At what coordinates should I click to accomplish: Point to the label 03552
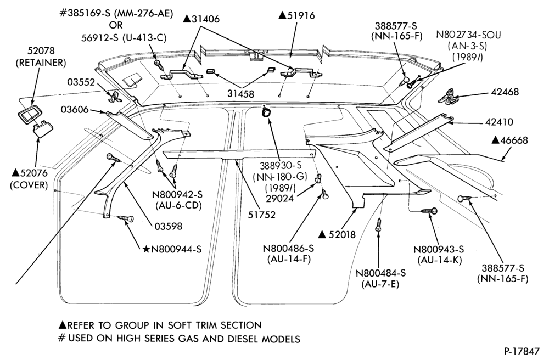(81, 82)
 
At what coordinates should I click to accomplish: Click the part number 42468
(505, 92)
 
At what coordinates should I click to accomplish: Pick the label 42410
(499, 122)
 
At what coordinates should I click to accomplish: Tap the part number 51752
(261, 215)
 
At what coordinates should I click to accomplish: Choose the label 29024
(279, 198)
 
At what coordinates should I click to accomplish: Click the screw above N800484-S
(378, 224)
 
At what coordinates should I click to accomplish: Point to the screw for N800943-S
(429, 211)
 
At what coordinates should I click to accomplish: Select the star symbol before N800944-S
(146, 250)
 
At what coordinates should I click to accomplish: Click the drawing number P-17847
(523, 351)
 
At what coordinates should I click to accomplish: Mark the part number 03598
(169, 227)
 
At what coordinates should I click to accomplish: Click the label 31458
(241, 94)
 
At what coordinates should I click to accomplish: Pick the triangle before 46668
(495, 140)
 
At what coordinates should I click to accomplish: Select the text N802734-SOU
(468, 35)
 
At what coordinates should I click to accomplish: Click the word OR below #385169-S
(116, 26)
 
